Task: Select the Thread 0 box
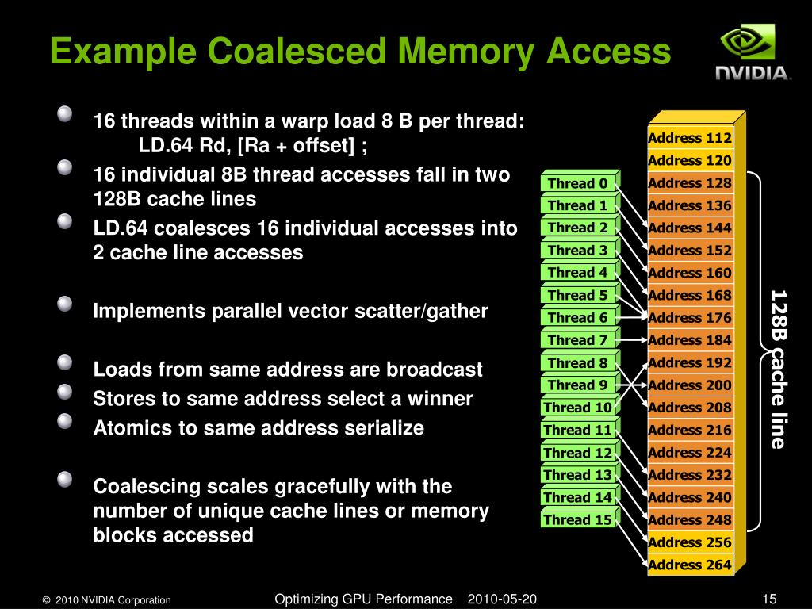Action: [x=577, y=183]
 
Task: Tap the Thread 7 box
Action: [x=577, y=340]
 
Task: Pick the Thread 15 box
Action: [x=577, y=520]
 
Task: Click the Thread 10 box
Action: [x=577, y=408]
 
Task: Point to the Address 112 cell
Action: [x=689, y=138]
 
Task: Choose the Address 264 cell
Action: [x=689, y=565]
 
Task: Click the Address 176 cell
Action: [x=689, y=317]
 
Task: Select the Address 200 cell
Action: [x=689, y=385]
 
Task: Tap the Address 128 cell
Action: [x=689, y=183]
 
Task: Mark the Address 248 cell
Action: [x=689, y=519]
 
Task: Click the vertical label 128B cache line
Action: [x=778, y=369]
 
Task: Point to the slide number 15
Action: [x=768, y=599]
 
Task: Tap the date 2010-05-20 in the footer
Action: [x=502, y=599]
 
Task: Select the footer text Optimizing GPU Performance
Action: [x=363, y=599]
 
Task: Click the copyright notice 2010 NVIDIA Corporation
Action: [x=106, y=600]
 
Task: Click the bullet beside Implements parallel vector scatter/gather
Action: [x=65, y=304]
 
